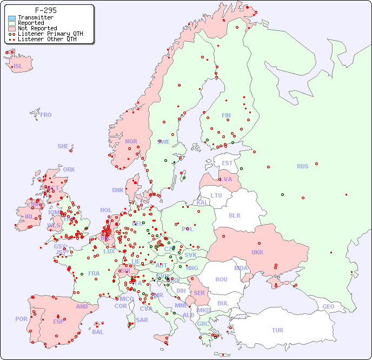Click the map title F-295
(x=45, y=10)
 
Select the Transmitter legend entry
(x=36, y=17)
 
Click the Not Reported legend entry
(x=37, y=28)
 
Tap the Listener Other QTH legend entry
(x=47, y=39)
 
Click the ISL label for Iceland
(x=18, y=67)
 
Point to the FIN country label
(x=226, y=115)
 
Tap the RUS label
(x=302, y=166)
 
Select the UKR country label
(x=257, y=252)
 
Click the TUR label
(x=277, y=330)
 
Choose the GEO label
(x=328, y=306)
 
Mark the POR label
(x=21, y=319)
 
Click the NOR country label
(x=131, y=141)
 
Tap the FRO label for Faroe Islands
(x=46, y=115)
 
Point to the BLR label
(x=234, y=215)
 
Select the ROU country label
(x=221, y=279)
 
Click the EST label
(x=227, y=163)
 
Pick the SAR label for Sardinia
(x=142, y=320)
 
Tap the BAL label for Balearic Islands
(x=98, y=332)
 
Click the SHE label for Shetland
(x=63, y=146)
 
